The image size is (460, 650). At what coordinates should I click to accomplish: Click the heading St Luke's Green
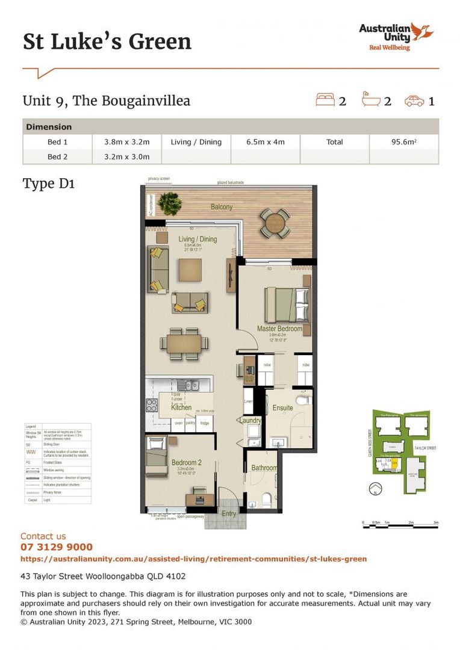click(107, 42)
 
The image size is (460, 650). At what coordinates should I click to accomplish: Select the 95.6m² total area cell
click(403, 142)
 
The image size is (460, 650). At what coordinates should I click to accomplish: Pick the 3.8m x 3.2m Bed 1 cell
click(126, 142)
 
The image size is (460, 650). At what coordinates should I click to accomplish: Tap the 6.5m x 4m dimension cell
click(265, 142)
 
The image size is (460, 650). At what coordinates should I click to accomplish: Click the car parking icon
click(415, 101)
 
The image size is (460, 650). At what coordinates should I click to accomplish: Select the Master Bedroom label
click(279, 329)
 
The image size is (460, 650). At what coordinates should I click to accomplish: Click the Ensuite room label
click(282, 407)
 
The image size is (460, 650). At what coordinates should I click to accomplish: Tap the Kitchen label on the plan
click(181, 407)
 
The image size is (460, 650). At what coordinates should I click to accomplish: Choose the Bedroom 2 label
click(185, 463)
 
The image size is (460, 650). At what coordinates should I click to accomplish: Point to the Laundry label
click(249, 420)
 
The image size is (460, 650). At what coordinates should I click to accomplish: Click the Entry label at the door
click(229, 513)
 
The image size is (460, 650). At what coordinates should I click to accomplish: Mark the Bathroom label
click(264, 468)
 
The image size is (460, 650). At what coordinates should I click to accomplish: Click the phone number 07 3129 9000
click(57, 547)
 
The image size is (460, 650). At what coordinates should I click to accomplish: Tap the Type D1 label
click(48, 183)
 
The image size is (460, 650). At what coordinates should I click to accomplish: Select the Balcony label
click(222, 207)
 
